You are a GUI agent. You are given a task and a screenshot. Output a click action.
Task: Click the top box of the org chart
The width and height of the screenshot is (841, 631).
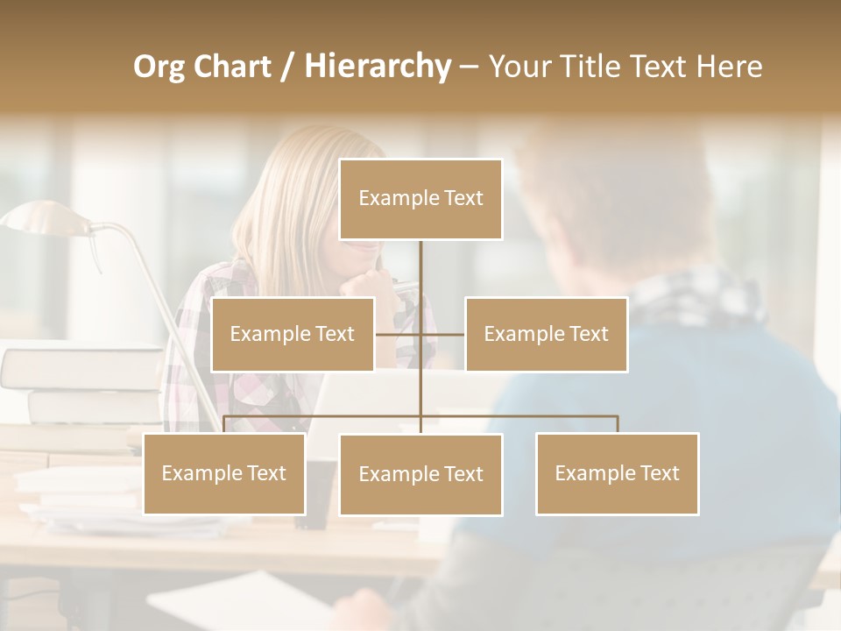tap(420, 199)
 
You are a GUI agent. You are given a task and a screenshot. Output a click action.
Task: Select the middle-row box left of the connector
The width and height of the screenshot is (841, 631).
tap(293, 334)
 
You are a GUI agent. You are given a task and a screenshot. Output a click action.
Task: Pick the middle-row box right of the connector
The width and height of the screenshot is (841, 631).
tap(546, 334)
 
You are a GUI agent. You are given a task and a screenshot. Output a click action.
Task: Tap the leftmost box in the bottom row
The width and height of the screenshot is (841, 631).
tap(224, 473)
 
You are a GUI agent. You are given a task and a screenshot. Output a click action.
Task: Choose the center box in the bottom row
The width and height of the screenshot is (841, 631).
tap(420, 474)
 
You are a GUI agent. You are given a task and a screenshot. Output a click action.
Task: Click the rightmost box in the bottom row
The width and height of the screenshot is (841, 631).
tap(617, 473)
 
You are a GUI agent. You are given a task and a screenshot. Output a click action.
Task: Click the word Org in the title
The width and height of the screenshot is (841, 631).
tap(159, 66)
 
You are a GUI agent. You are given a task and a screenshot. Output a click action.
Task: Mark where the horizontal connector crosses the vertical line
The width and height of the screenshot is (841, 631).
tap(420, 334)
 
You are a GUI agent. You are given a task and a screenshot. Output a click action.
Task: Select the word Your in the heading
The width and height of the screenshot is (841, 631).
tap(516, 66)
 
